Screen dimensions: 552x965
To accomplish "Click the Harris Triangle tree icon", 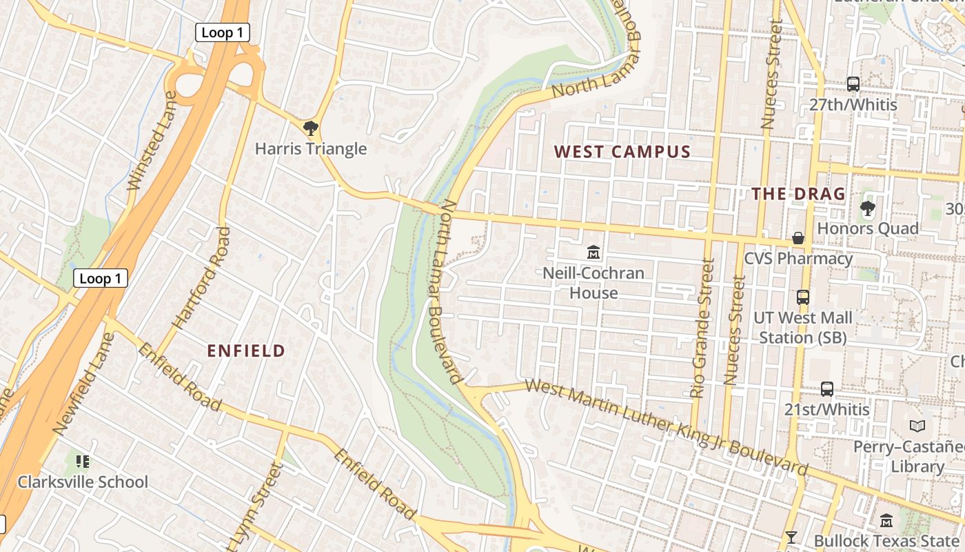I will point(311,128).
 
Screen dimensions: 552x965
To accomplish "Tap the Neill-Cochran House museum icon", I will point(593,253).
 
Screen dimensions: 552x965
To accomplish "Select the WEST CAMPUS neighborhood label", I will point(622,152).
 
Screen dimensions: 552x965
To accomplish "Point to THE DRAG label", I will point(798,194).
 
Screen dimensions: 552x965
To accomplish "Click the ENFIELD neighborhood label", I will point(246,351).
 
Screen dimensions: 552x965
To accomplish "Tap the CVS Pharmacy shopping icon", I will point(798,238).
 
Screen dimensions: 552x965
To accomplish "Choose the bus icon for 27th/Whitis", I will point(853,84).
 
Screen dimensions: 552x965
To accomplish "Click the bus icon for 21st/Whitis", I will point(827,388).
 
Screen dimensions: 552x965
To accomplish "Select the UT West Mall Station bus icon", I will point(803,297).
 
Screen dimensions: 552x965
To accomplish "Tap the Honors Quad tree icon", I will point(867,208).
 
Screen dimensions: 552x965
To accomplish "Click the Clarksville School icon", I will point(83,461).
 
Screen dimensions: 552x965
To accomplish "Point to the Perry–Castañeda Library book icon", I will point(917,426).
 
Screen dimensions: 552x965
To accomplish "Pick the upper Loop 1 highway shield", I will point(222,32).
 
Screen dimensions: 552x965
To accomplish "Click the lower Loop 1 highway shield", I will point(101,278).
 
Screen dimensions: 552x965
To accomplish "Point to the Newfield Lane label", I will point(83,384).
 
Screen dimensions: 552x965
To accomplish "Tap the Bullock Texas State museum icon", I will point(886,520).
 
